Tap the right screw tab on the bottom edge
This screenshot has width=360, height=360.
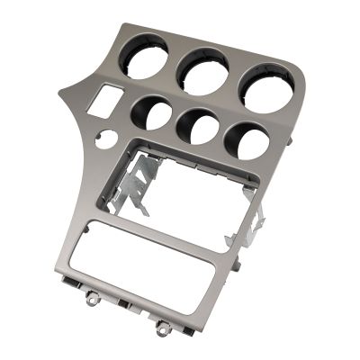pyautogui.click(x=163, y=327)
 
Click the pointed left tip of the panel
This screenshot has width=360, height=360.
pyautogui.click(x=61, y=93)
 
